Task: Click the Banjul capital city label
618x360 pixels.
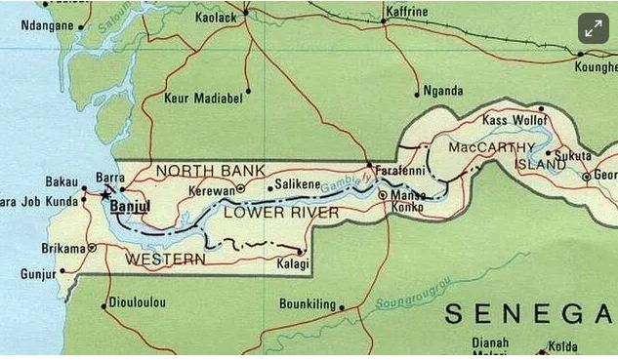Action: pos(130,207)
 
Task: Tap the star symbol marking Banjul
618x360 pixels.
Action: pos(105,194)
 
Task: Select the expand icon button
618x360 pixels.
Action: pos(593,29)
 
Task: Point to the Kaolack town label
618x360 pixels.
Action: pos(215,18)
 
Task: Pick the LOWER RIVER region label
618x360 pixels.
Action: pos(281,213)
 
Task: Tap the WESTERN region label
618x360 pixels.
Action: pos(165,260)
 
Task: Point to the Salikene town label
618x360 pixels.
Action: pos(298,184)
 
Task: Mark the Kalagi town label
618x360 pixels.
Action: pos(292,264)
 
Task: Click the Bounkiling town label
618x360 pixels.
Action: pos(307,303)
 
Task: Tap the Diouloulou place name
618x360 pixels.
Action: pos(140,302)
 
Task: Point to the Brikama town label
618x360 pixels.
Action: pos(63,248)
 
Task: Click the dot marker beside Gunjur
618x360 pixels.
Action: pos(62,271)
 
